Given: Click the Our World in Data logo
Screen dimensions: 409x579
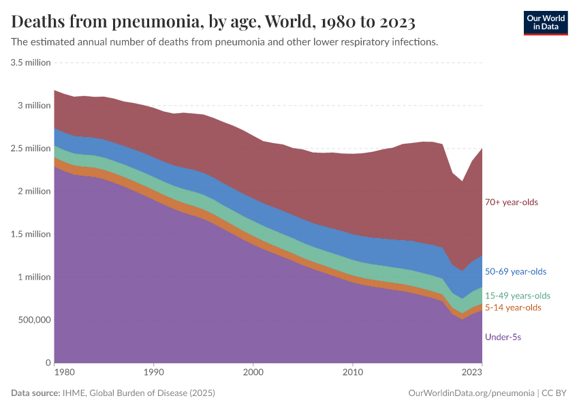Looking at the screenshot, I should [545, 22].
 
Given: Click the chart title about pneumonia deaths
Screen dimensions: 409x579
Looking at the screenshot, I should [213, 22].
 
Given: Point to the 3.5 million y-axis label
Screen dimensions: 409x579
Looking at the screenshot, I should [31, 63].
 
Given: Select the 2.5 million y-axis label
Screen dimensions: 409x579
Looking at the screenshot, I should [31, 149].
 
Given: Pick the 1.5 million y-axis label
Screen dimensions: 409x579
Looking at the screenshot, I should [31, 234].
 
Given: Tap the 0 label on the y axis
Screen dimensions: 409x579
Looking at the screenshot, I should [48, 363].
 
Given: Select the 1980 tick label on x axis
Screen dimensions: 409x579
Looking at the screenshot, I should [64, 373].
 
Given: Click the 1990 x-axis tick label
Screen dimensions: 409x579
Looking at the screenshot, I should [153, 373].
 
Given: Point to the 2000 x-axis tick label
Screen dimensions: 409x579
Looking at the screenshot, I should [253, 373].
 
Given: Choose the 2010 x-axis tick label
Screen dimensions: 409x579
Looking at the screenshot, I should [352, 373].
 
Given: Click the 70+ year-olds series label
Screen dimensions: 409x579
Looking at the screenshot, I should [511, 202].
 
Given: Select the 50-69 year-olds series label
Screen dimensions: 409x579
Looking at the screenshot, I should [515, 271].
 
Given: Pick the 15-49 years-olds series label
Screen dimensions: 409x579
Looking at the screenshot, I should [517, 296].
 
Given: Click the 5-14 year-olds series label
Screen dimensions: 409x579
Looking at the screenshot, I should [513, 307].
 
